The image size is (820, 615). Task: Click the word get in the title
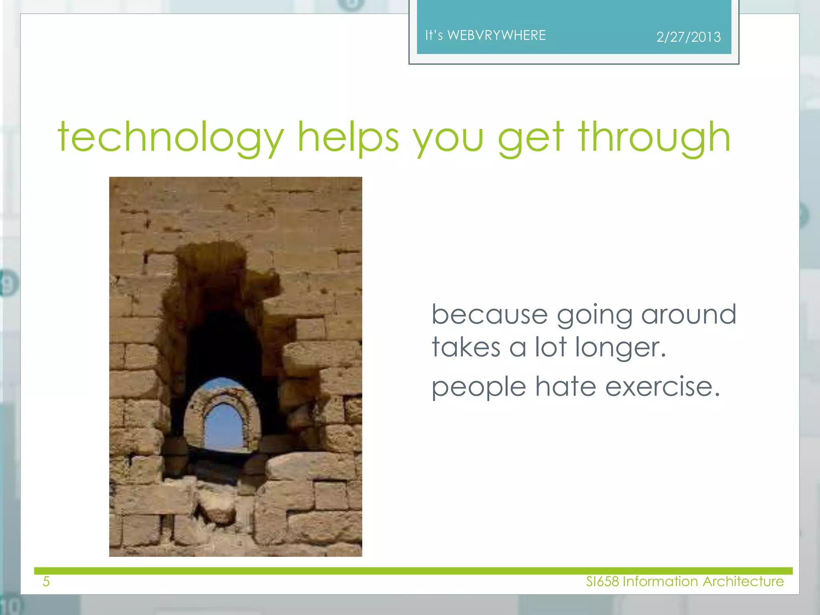pyautogui.click(x=531, y=138)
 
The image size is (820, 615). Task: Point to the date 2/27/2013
pyautogui.click(x=688, y=37)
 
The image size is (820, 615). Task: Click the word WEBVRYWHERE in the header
pyautogui.click(x=496, y=35)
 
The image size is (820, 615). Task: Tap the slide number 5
pyautogui.click(x=46, y=581)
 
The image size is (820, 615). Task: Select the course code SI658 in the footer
pyautogui.click(x=603, y=581)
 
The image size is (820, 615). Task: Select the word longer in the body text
pyautogui.click(x=620, y=347)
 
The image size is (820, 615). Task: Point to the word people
pyautogui.click(x=479, y=388)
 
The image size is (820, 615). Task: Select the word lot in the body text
pyautogui.click(x=551, y=347)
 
